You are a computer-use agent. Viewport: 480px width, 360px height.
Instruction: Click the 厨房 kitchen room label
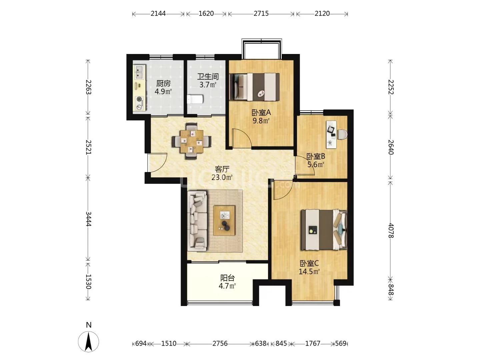[x=163, y=83]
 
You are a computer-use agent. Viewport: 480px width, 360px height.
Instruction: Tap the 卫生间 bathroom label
[x=208, y=77]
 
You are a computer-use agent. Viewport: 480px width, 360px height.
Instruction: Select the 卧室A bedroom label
[x=261, y=113]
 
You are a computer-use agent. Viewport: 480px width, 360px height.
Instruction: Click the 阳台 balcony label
[x=227, y=278]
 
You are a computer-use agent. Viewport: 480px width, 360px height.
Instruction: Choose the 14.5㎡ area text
[x=309, y=272]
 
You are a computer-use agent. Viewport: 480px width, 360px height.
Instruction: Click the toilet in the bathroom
[x=195, y=99]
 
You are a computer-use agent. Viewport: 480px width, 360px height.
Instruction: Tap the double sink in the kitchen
[x=139, y=72]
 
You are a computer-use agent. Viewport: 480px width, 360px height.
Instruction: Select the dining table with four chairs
[x=192, y=141]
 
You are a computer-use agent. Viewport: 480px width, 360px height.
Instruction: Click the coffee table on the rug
[x=224, y=221]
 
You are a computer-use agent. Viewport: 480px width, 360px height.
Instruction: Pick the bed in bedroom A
[x=255, y=87]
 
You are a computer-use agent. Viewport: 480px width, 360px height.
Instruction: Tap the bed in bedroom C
[x=324, y=230]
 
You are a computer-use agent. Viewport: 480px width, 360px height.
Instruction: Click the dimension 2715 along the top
[x=261, y=14]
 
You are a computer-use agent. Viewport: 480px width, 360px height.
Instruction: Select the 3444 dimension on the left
[x=88, y=219]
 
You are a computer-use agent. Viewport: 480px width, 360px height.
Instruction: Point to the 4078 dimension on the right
[x=391, y=231]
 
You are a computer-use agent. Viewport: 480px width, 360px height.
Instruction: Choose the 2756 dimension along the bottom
[x=220, y=344]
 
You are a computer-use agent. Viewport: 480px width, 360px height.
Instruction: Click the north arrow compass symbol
[x=89, y=342]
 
